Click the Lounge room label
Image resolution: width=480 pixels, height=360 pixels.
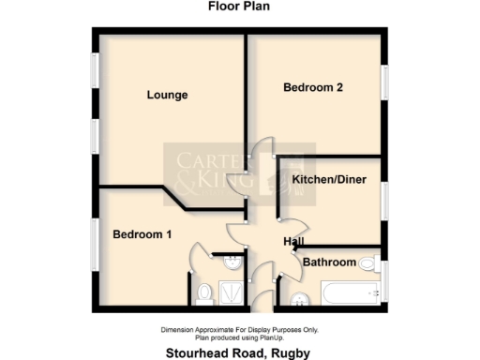click(168, 95)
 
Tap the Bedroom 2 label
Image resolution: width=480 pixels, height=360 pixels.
click(313, 88)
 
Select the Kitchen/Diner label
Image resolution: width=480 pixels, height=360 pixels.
click(328, 178)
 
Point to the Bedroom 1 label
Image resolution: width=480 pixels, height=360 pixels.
click(142, 234)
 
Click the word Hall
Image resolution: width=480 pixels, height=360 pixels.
click(293, 243)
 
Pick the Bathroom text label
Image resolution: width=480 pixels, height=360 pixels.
click(329, 262)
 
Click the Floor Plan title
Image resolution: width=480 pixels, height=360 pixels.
click(239, 6)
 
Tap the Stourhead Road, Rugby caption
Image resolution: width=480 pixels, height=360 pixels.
click(239, 352)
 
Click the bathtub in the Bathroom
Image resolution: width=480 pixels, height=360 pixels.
click(350, 294)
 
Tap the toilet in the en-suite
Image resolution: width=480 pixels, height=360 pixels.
click(205, 294)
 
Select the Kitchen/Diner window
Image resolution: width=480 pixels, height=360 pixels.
click(384, 202)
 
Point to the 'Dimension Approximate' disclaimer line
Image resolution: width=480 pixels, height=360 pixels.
click(239, 329)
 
